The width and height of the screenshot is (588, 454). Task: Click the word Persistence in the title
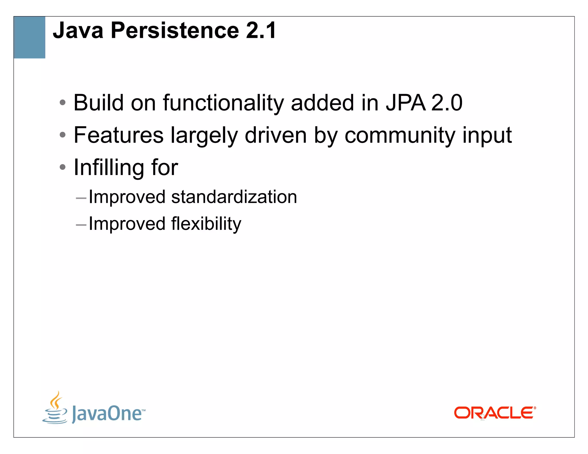coord(175,30)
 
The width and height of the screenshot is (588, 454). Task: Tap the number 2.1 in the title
coord(261,30)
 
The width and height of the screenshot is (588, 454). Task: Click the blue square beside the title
coord(30,37)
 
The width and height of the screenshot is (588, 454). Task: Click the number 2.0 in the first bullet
coord(447,103)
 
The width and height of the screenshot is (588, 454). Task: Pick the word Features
coord(119,135)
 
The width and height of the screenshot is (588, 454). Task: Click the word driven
coord(276,135)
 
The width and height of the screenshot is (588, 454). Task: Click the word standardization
coord(234,197)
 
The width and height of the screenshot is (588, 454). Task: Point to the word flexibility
coord(206,224)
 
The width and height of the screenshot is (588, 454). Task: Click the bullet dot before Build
coord(63,102)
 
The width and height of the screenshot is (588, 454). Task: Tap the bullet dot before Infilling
coord(63,167)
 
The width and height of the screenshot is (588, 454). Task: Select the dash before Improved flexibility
coord(81,225)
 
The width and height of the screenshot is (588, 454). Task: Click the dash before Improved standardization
coord(81,198)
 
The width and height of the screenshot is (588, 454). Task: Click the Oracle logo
coord(495,413)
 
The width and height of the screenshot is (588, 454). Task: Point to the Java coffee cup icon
coord(55,408)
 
